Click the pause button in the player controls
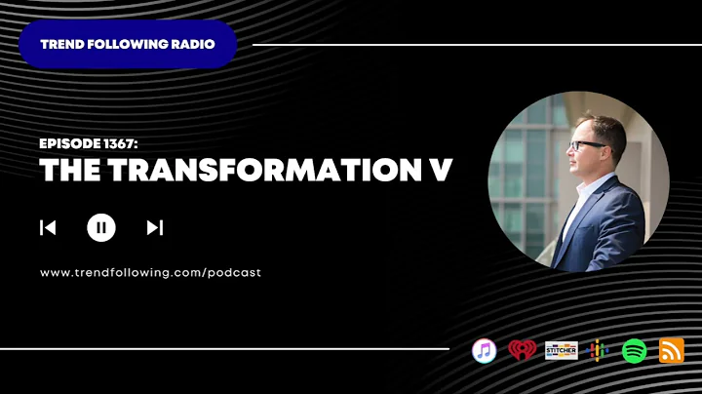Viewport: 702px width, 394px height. (101, 228)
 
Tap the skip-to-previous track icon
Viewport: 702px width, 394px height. (48, 228)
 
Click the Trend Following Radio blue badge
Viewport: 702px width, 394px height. (128, 44)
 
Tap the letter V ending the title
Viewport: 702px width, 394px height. (441, 170)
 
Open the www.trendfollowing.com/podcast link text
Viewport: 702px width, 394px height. (150, 273)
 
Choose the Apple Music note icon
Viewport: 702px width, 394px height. (485, 350)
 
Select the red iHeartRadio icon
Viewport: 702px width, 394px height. (522, 350)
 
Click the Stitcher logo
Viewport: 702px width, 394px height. (560, 350)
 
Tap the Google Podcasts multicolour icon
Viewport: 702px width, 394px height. (598, 350)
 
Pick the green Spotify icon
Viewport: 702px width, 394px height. (635, 350)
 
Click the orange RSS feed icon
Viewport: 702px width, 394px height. (672, 350)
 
